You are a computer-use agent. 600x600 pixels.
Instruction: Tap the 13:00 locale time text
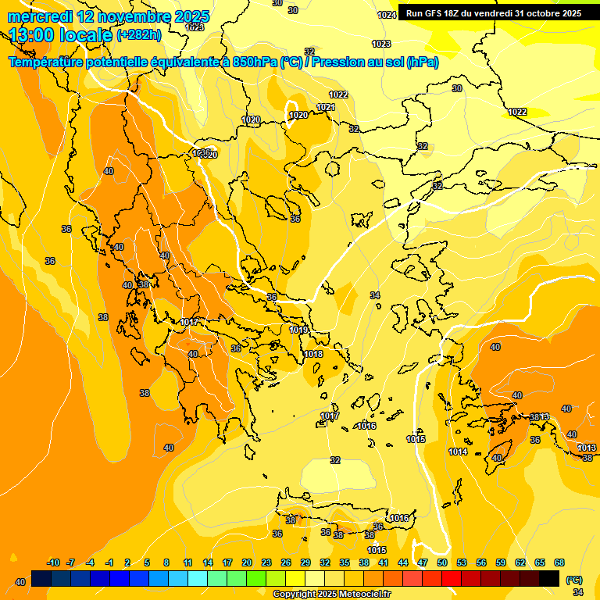pyautogui.click(x=60, y=35)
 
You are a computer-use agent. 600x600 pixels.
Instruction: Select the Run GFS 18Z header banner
pyautogui.click(x=493, y=13)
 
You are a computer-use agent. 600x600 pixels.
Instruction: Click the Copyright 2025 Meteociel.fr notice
pyautogui.click(x=331, y=594)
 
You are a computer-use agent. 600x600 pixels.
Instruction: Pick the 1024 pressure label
pyautogui.click(x=387, y=15)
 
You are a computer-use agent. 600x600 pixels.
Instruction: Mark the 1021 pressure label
pyautogui.click(x=326, y=107)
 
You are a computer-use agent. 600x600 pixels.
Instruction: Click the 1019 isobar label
pyautogui.click(x=298, y=330)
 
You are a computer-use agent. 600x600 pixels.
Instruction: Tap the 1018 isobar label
pyautogui.click(x=313, y=354)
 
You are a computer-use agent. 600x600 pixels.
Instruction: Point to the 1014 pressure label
pyautogui.click(x=458, y=452)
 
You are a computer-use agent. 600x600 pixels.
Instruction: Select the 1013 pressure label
pyautogui.click(x=587, y=447)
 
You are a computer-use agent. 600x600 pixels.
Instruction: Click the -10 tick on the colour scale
pyautogui.click(x=53, y=562)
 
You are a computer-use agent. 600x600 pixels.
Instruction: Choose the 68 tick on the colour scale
pyautogui.click(x=559, y=562)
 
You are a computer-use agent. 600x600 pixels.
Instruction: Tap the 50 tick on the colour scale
pyautogui.click(x=442, y=562)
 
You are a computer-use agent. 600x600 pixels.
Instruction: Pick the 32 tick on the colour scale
pyautogui.click(x=325, y=562)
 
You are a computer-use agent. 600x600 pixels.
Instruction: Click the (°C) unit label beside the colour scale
pyautogui.click(x=574, y=580)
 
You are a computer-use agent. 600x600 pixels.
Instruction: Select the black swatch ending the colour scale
pyautogui.click(x=549, y=578)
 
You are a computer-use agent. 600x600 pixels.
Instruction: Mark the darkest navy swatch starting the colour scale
pyautogui.click(x=41, y=578)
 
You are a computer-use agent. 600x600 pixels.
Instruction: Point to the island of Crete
pyautogui.click(x=344, y=516)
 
